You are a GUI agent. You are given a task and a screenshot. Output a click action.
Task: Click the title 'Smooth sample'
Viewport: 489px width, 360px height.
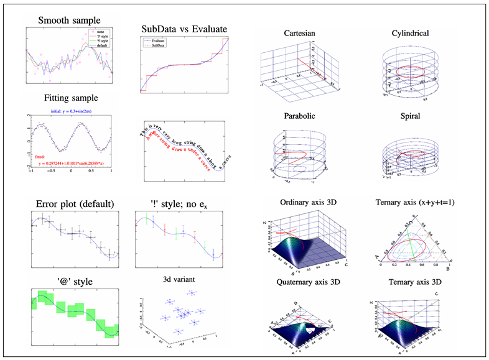[x=68, y=21]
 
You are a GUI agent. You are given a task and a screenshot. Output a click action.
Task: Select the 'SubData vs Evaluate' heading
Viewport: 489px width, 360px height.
[x=183, y=29]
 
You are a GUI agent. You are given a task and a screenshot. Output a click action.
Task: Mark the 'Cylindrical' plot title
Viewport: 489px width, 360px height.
[x=410, y=33]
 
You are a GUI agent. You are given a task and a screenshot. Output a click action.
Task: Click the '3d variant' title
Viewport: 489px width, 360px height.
[x=180, y=279]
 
